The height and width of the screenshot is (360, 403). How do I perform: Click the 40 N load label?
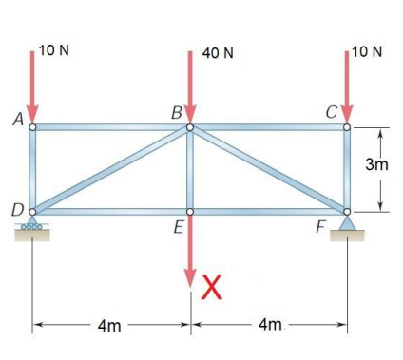click(218, 51)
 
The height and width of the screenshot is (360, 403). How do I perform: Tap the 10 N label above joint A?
click(53, 49)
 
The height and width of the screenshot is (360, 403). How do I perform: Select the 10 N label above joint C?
click(366, 49)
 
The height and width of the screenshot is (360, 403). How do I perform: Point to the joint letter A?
click(16, 120)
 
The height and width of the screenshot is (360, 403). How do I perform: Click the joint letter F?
click(321, 229)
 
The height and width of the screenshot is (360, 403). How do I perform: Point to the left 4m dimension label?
click(109, 326)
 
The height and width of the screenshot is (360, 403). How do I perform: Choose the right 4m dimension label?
click(270, 326)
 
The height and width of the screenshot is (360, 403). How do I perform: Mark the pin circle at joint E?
click(190, 212)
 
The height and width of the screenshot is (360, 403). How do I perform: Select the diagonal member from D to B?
click(111, 169)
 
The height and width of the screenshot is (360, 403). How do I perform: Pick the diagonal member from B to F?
click(269, 169)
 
